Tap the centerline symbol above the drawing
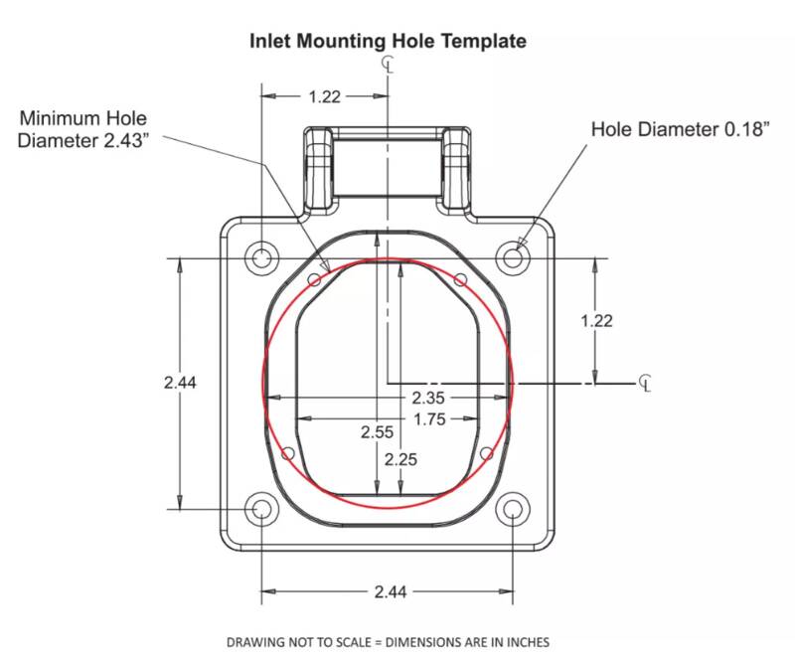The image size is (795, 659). (x=388, y=64)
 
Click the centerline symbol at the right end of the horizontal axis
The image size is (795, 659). (x=645, y=383)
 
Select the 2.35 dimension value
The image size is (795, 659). (x=428, y=398)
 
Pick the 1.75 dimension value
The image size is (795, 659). (x=429, y=419)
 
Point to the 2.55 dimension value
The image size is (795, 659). (x=377, y=432)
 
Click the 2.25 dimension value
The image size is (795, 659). (x=400, y=459)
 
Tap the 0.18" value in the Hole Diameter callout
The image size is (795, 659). (x=747, y=129)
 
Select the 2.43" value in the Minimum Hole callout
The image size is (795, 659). (x=127, y=140)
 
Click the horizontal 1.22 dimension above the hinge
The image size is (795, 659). (x=325, y=96)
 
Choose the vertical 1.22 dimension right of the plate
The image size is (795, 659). (x=596, y=321)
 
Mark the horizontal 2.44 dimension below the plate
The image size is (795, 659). (x=390, y=591)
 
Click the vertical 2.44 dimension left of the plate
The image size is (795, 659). (x=180, y=382)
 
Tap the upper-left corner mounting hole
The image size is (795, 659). (x=261, y=257)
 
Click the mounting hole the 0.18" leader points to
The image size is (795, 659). (x=513, y=257)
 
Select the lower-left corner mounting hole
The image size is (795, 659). (x=261, y=509)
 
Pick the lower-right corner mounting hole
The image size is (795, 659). (x=513, y=509)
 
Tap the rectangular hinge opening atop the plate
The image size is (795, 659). (x=388, y=168)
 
